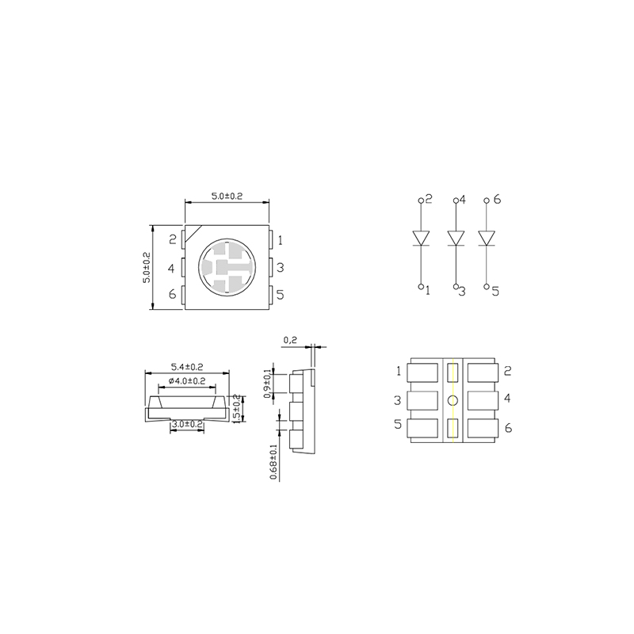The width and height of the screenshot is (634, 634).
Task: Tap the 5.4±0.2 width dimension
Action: coord(187,367)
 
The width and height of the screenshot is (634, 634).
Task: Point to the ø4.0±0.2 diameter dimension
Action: coord(187,381)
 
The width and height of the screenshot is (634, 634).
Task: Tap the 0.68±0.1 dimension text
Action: coord(274,462)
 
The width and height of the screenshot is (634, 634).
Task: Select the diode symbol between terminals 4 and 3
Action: coord(455,238)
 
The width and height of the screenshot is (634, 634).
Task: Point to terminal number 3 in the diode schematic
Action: coord(461,291)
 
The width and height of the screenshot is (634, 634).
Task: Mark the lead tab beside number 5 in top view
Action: coord(270,296)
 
